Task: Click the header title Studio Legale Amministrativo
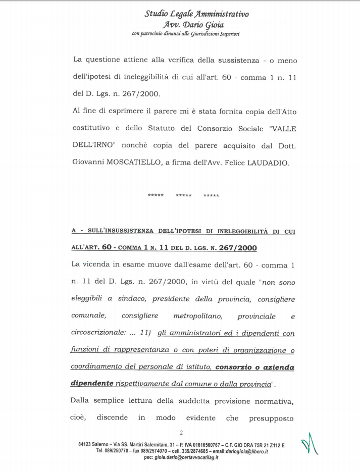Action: [x=196, y=14]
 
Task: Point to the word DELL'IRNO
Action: [x=93, y=146]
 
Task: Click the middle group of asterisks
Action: [x=183, y=196]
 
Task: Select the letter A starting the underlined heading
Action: [x=74, y=231]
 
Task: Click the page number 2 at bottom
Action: [x=181, y=432]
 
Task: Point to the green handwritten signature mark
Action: [x=311, y=444]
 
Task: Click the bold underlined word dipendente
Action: [x=92, y=384]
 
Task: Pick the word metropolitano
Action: [x=196, y=316]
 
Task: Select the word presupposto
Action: [x=273, y=418]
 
